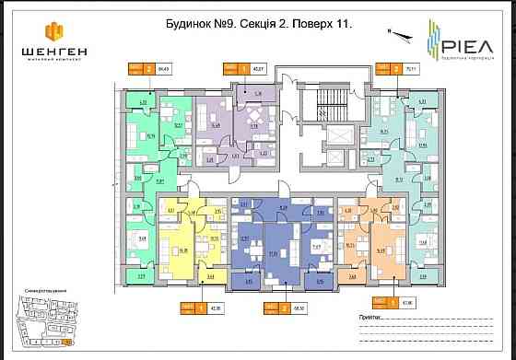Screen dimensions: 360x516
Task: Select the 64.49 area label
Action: (x=165, y=68)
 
